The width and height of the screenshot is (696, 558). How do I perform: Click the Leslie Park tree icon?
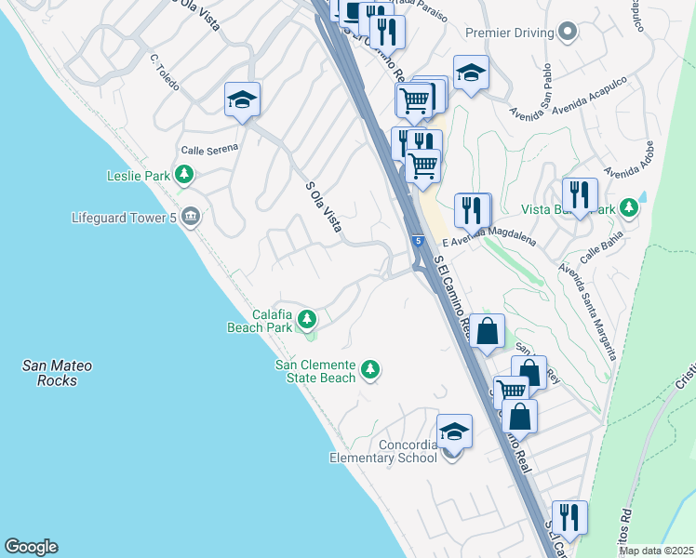pos(184,173)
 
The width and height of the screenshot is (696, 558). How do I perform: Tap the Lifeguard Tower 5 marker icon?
pos(191,218)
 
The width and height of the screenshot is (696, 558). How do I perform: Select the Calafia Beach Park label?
pos(260,321)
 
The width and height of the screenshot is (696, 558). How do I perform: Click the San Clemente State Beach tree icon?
pos(370,370)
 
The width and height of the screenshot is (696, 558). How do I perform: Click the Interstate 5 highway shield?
pos(419,241)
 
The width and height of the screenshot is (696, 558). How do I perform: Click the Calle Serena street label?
pos(209,148)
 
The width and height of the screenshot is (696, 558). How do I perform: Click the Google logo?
pos(31,547)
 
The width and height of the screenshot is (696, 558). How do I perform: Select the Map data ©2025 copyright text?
pos(656,551)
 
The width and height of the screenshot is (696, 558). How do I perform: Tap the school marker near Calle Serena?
pos(242,100)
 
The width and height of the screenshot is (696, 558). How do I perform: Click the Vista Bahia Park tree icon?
pos(630,207)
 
